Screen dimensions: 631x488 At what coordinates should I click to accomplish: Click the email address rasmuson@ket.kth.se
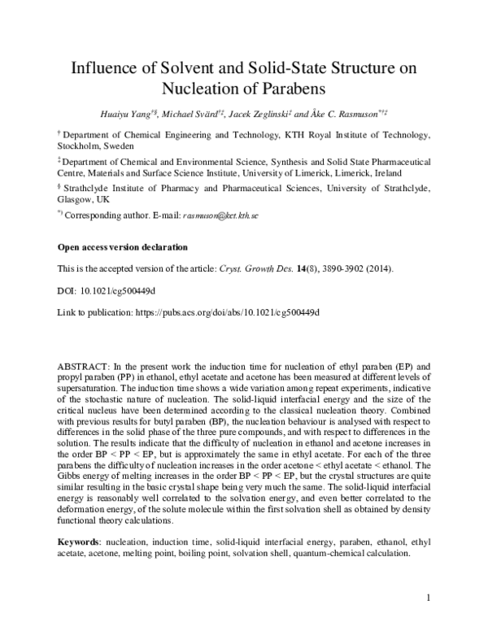click(x=220, y=215)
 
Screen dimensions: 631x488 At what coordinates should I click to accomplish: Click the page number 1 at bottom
click(x=428, y=599)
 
